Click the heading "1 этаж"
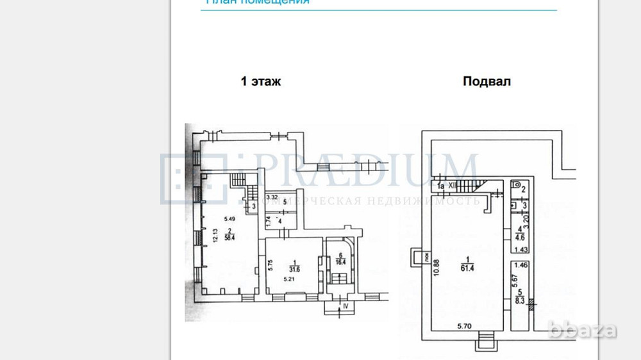[x=260, y=81]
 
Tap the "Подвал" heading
[x=487, y=81]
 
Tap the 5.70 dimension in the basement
[x=465, y=326]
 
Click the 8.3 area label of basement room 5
[x=520, y=299]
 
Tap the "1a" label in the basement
[x=441, y=186]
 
